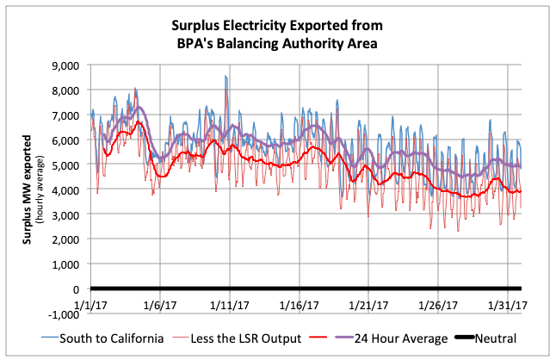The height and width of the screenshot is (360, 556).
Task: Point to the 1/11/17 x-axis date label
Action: coord(228,305)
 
